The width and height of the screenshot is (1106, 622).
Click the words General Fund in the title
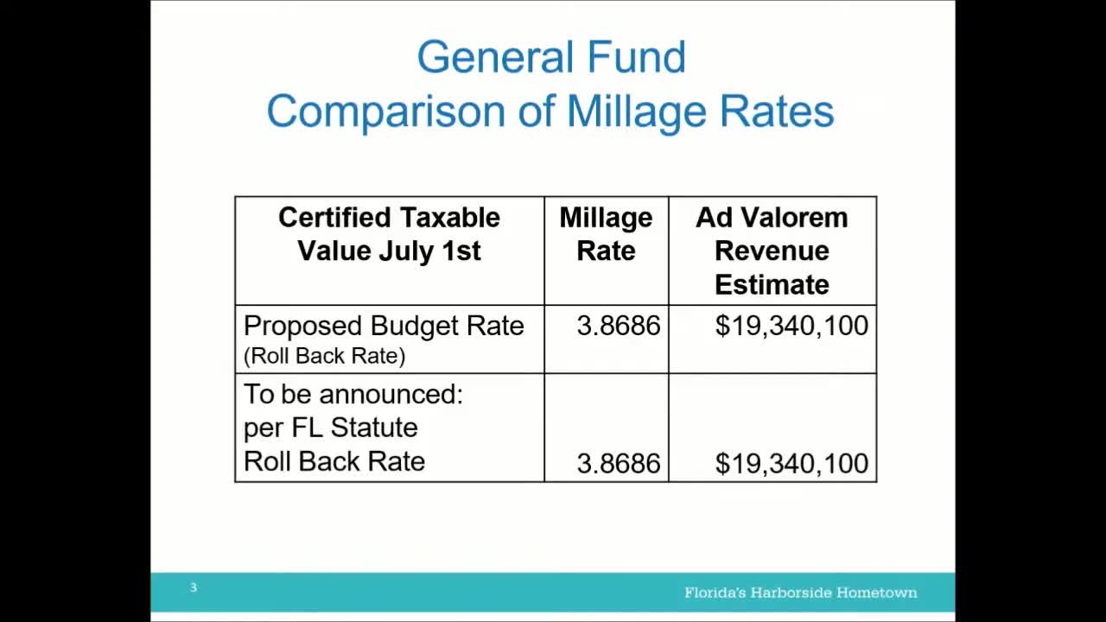pos(550,58)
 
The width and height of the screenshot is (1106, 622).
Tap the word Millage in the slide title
pos(635,112)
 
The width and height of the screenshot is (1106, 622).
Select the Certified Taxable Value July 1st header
pos(389,234)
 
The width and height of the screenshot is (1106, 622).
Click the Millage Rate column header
pos(606,234)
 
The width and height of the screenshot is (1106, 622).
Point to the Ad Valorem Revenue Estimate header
pos(772,251)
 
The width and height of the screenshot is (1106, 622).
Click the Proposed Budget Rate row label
pos(384,326)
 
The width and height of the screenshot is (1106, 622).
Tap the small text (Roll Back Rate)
pos(324,356)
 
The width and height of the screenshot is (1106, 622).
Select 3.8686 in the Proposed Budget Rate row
pos(618,326)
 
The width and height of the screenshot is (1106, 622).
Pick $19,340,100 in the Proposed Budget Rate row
pos(791,326)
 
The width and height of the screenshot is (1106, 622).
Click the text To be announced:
pos(353,395)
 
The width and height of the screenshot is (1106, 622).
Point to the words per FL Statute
pos(330,428)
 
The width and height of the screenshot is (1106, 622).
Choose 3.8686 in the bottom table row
pos(618,464)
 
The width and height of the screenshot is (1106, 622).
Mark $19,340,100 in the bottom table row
pos(791,464)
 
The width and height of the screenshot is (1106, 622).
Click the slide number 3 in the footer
pos(194,587)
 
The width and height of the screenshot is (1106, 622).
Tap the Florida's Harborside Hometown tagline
pos(800,593)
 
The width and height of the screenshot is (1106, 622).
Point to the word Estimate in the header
pos(772,284)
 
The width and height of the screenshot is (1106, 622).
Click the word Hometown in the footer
pos(875,593)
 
